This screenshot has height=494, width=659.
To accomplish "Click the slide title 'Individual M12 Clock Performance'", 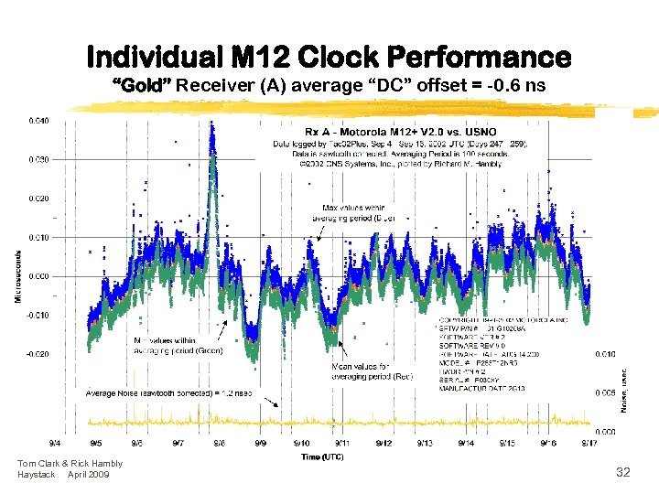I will (329, 57).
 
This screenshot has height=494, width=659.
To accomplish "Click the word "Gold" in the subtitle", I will (142, 87).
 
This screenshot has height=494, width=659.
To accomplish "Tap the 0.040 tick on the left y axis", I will (38, 121).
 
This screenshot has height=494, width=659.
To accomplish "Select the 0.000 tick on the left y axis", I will (38, 276).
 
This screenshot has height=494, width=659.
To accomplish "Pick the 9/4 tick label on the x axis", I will (56, 443).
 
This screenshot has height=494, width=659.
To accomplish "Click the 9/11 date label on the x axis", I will (342, 443).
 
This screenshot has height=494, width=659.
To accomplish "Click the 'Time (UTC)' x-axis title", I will (321, 456).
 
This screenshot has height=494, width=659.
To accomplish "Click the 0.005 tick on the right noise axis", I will (605, 392).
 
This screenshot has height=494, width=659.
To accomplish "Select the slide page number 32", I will (622, 473).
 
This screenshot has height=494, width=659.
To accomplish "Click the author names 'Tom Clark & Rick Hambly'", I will (70, 465).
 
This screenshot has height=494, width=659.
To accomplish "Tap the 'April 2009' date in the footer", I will (88, 475).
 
